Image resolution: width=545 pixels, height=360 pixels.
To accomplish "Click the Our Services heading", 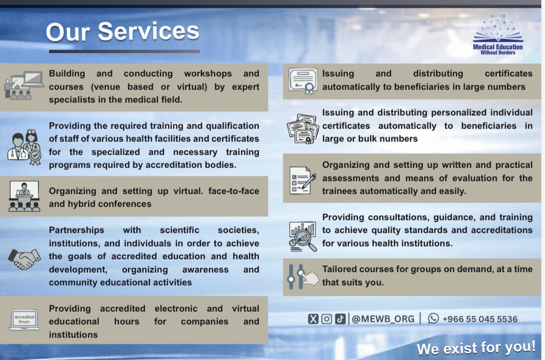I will (123, 32).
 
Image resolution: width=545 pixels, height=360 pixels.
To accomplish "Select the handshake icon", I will (24, 259).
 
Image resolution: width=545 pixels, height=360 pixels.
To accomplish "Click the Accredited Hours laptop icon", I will (24, 320).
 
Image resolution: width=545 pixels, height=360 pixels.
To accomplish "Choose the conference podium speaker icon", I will (24, 197).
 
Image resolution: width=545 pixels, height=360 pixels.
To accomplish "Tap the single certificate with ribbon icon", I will (303, 81).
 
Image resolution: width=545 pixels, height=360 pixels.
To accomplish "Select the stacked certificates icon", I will (303, 129).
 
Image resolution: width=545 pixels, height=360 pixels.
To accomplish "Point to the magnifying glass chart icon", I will (303, 236).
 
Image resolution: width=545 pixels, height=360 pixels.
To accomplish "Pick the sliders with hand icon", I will (303, 276).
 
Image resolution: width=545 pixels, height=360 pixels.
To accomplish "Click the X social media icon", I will (313, 319).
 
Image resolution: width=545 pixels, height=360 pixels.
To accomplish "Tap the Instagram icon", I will (326, 319).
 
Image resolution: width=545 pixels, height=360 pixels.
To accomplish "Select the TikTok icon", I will (340, 319).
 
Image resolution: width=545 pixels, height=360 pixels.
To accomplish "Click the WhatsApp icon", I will (433, 319).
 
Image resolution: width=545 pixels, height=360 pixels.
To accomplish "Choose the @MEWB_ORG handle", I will (383, 319).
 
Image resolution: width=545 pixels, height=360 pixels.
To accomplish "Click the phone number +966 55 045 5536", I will (480, 319).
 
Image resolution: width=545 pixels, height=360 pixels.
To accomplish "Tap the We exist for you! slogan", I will (476, 348).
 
